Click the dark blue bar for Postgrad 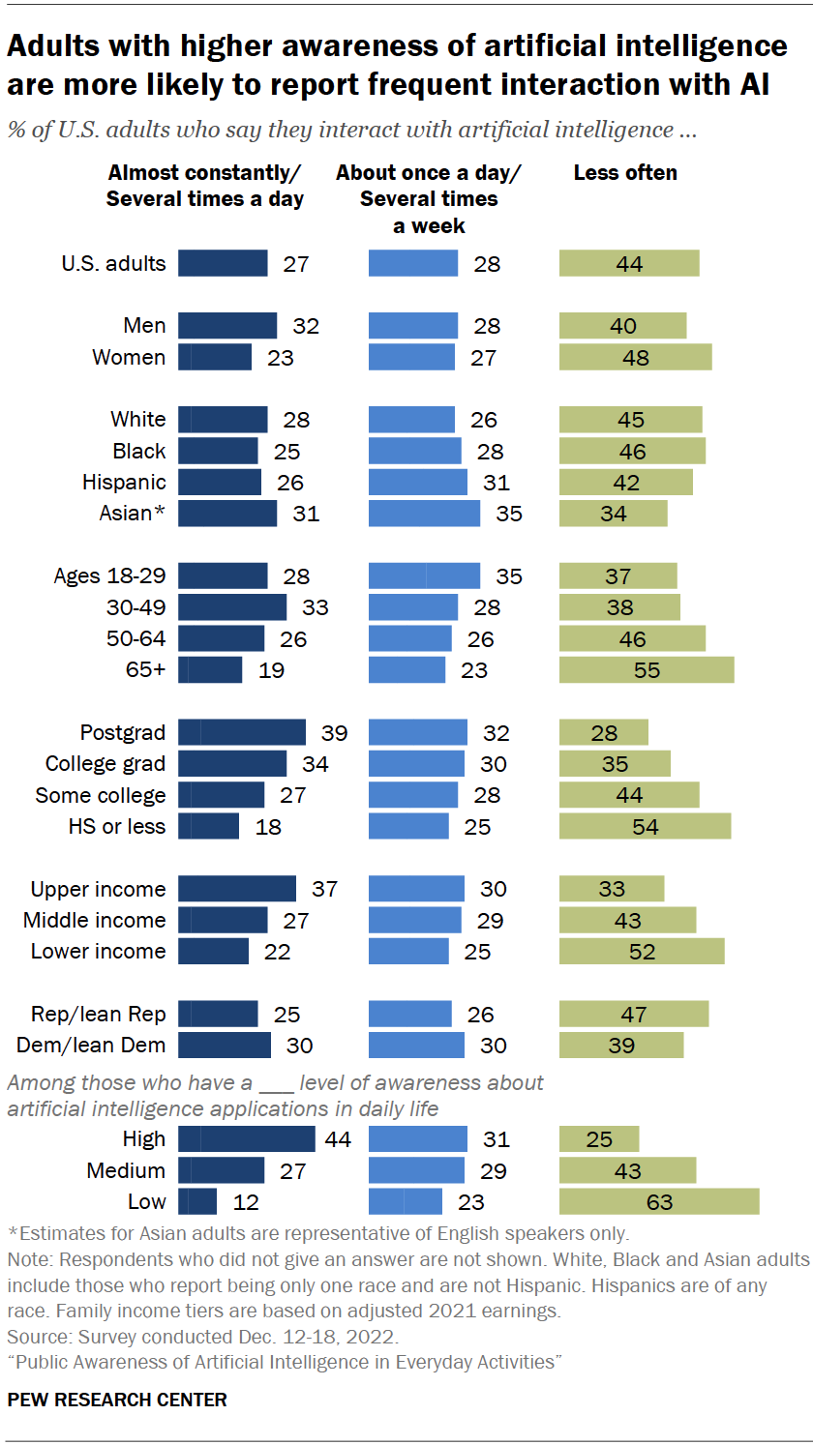pos(242,733)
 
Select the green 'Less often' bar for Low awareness pos(658,1202)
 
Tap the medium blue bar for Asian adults pos(424,514)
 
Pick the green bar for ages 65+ pos(646,670)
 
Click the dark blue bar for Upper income pos(237,889)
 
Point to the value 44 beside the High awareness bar pos(338,1139)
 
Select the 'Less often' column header pos(625,173)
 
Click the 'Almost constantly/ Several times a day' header pos(205,186)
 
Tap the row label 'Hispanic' pos(124,482)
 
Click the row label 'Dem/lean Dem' pos(91,1045)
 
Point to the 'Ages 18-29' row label pos(109,575)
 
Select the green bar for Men pos(622,326)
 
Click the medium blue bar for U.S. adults pos(413,263)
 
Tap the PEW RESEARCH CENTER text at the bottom pos(117,1400)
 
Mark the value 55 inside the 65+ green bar pos(647,670)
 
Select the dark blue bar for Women pos(215,357)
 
